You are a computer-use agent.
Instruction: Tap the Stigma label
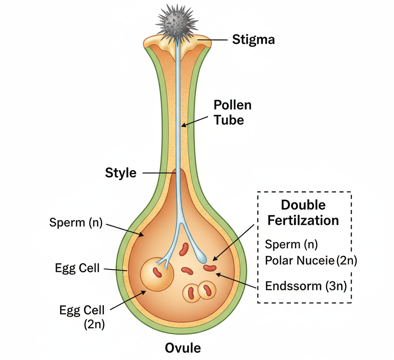pos(254,39)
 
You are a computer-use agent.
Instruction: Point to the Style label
pos(120,173)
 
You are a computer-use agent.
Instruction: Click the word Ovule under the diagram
pos(183,348)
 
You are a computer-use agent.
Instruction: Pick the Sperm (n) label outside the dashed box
pos(76,223)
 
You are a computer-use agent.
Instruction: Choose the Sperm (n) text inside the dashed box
pos(291,244)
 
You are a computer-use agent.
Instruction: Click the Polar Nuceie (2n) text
pos(311,261)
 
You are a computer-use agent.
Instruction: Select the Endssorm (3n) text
pos(306,286)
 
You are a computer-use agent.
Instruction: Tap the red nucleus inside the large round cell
pos(157,272)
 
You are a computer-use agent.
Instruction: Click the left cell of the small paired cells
pos(191,293)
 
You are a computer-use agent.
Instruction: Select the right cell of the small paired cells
pos(207,291)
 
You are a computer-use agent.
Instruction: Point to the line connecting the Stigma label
pos(213,39)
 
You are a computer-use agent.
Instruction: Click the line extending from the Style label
pos(159,173)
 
